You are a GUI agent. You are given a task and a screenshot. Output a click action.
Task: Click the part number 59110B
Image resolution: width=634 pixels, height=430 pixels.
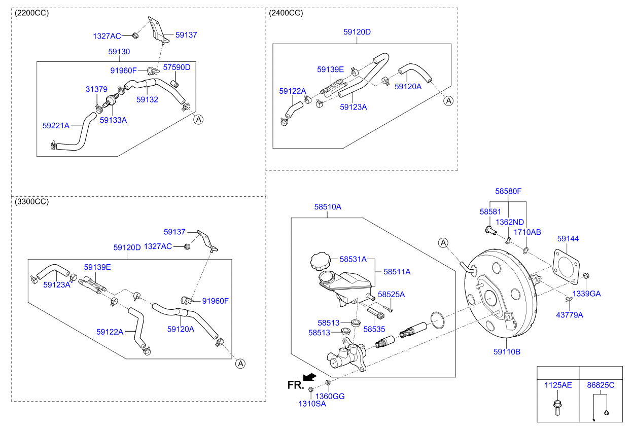[x=507, y=351]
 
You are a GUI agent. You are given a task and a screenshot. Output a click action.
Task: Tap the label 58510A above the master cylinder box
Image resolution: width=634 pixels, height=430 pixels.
[x=328, y=207]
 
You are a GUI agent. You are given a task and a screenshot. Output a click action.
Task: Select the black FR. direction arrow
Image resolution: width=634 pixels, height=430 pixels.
[x=309, y=377]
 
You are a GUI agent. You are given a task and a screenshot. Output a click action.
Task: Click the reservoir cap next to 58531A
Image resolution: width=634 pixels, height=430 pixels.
[x=320, y=262]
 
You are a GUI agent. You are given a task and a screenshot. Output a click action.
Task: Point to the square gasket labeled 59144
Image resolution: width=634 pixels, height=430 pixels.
[x=567, y=267]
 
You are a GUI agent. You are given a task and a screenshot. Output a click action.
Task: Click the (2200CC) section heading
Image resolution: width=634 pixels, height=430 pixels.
[x=32, y=13]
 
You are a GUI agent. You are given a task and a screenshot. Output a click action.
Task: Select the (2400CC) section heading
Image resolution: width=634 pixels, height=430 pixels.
[x=286, y=13]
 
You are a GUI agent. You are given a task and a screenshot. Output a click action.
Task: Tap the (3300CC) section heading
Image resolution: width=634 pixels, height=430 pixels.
[x=32, y=202]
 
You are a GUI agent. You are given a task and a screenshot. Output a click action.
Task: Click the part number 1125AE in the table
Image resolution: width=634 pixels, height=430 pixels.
[x=558, y=385]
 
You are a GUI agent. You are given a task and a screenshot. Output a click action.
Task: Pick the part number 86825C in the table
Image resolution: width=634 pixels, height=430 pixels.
[x=601, y=385]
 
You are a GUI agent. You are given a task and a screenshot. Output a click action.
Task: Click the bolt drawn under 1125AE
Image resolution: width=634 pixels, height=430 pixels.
[x=557, y=407]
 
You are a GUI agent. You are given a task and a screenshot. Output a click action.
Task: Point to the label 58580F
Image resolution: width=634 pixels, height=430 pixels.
[x=508, y=191]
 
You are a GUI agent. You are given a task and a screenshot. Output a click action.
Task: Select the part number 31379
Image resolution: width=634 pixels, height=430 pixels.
[x=96, y=89]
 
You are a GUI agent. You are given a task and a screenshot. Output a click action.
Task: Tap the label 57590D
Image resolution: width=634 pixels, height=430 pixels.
[x=177, y=67]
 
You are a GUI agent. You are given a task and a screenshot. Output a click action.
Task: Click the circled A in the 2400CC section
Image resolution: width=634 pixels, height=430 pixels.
[x=448, y=101]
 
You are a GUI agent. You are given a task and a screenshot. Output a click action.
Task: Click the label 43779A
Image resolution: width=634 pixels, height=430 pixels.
[x=570, y=315]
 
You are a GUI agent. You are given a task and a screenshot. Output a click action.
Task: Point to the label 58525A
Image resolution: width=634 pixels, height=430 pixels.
[x=391, y=294]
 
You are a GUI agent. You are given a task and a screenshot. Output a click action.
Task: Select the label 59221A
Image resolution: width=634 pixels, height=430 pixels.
[x=56, y=124]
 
